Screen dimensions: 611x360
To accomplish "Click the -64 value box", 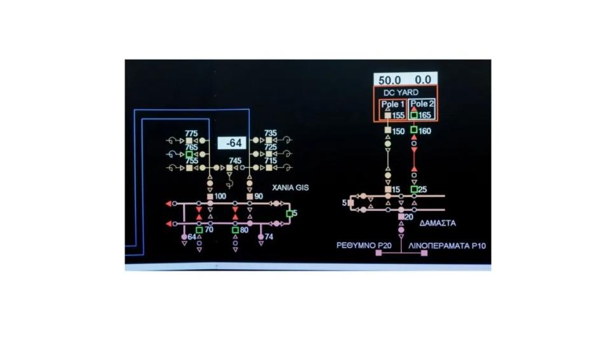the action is (x=232, y=143).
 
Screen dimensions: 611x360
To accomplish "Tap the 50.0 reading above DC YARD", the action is (x=390, y=80).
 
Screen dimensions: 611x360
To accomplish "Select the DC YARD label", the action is (x=401, y=93).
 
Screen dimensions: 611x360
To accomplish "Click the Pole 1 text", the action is (x=393, y=104).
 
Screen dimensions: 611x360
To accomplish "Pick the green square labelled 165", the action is (x=414, y=115).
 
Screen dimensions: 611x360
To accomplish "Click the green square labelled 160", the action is (x=414, y=130).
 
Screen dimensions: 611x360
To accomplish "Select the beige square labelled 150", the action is (x=388, y=130).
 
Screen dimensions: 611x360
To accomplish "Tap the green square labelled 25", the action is (x=414, y=190).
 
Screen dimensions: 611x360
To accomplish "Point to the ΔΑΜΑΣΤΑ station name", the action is (x=437, y=223).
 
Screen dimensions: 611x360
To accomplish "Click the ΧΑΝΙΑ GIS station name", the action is (x=291, y=188).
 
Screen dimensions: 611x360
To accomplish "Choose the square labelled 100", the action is (x=210, y=197).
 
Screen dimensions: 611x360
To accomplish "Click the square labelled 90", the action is (x=250, y=197).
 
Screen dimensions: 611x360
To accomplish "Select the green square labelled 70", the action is (x=199, y=230).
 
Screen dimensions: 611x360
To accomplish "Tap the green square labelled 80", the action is (x=235, y=230).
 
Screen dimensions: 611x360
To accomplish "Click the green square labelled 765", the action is (x=189, y=155).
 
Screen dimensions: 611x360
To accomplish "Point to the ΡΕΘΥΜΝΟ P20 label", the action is (x=364, y=246).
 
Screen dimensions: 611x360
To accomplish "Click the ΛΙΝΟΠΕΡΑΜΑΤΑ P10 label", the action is (x=447, y=246).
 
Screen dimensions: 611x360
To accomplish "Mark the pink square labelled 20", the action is (x=401, y=217).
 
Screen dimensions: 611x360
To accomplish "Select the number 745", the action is (x=235, y=160).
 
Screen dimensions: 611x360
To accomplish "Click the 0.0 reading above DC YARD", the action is (x=423, y=80).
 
